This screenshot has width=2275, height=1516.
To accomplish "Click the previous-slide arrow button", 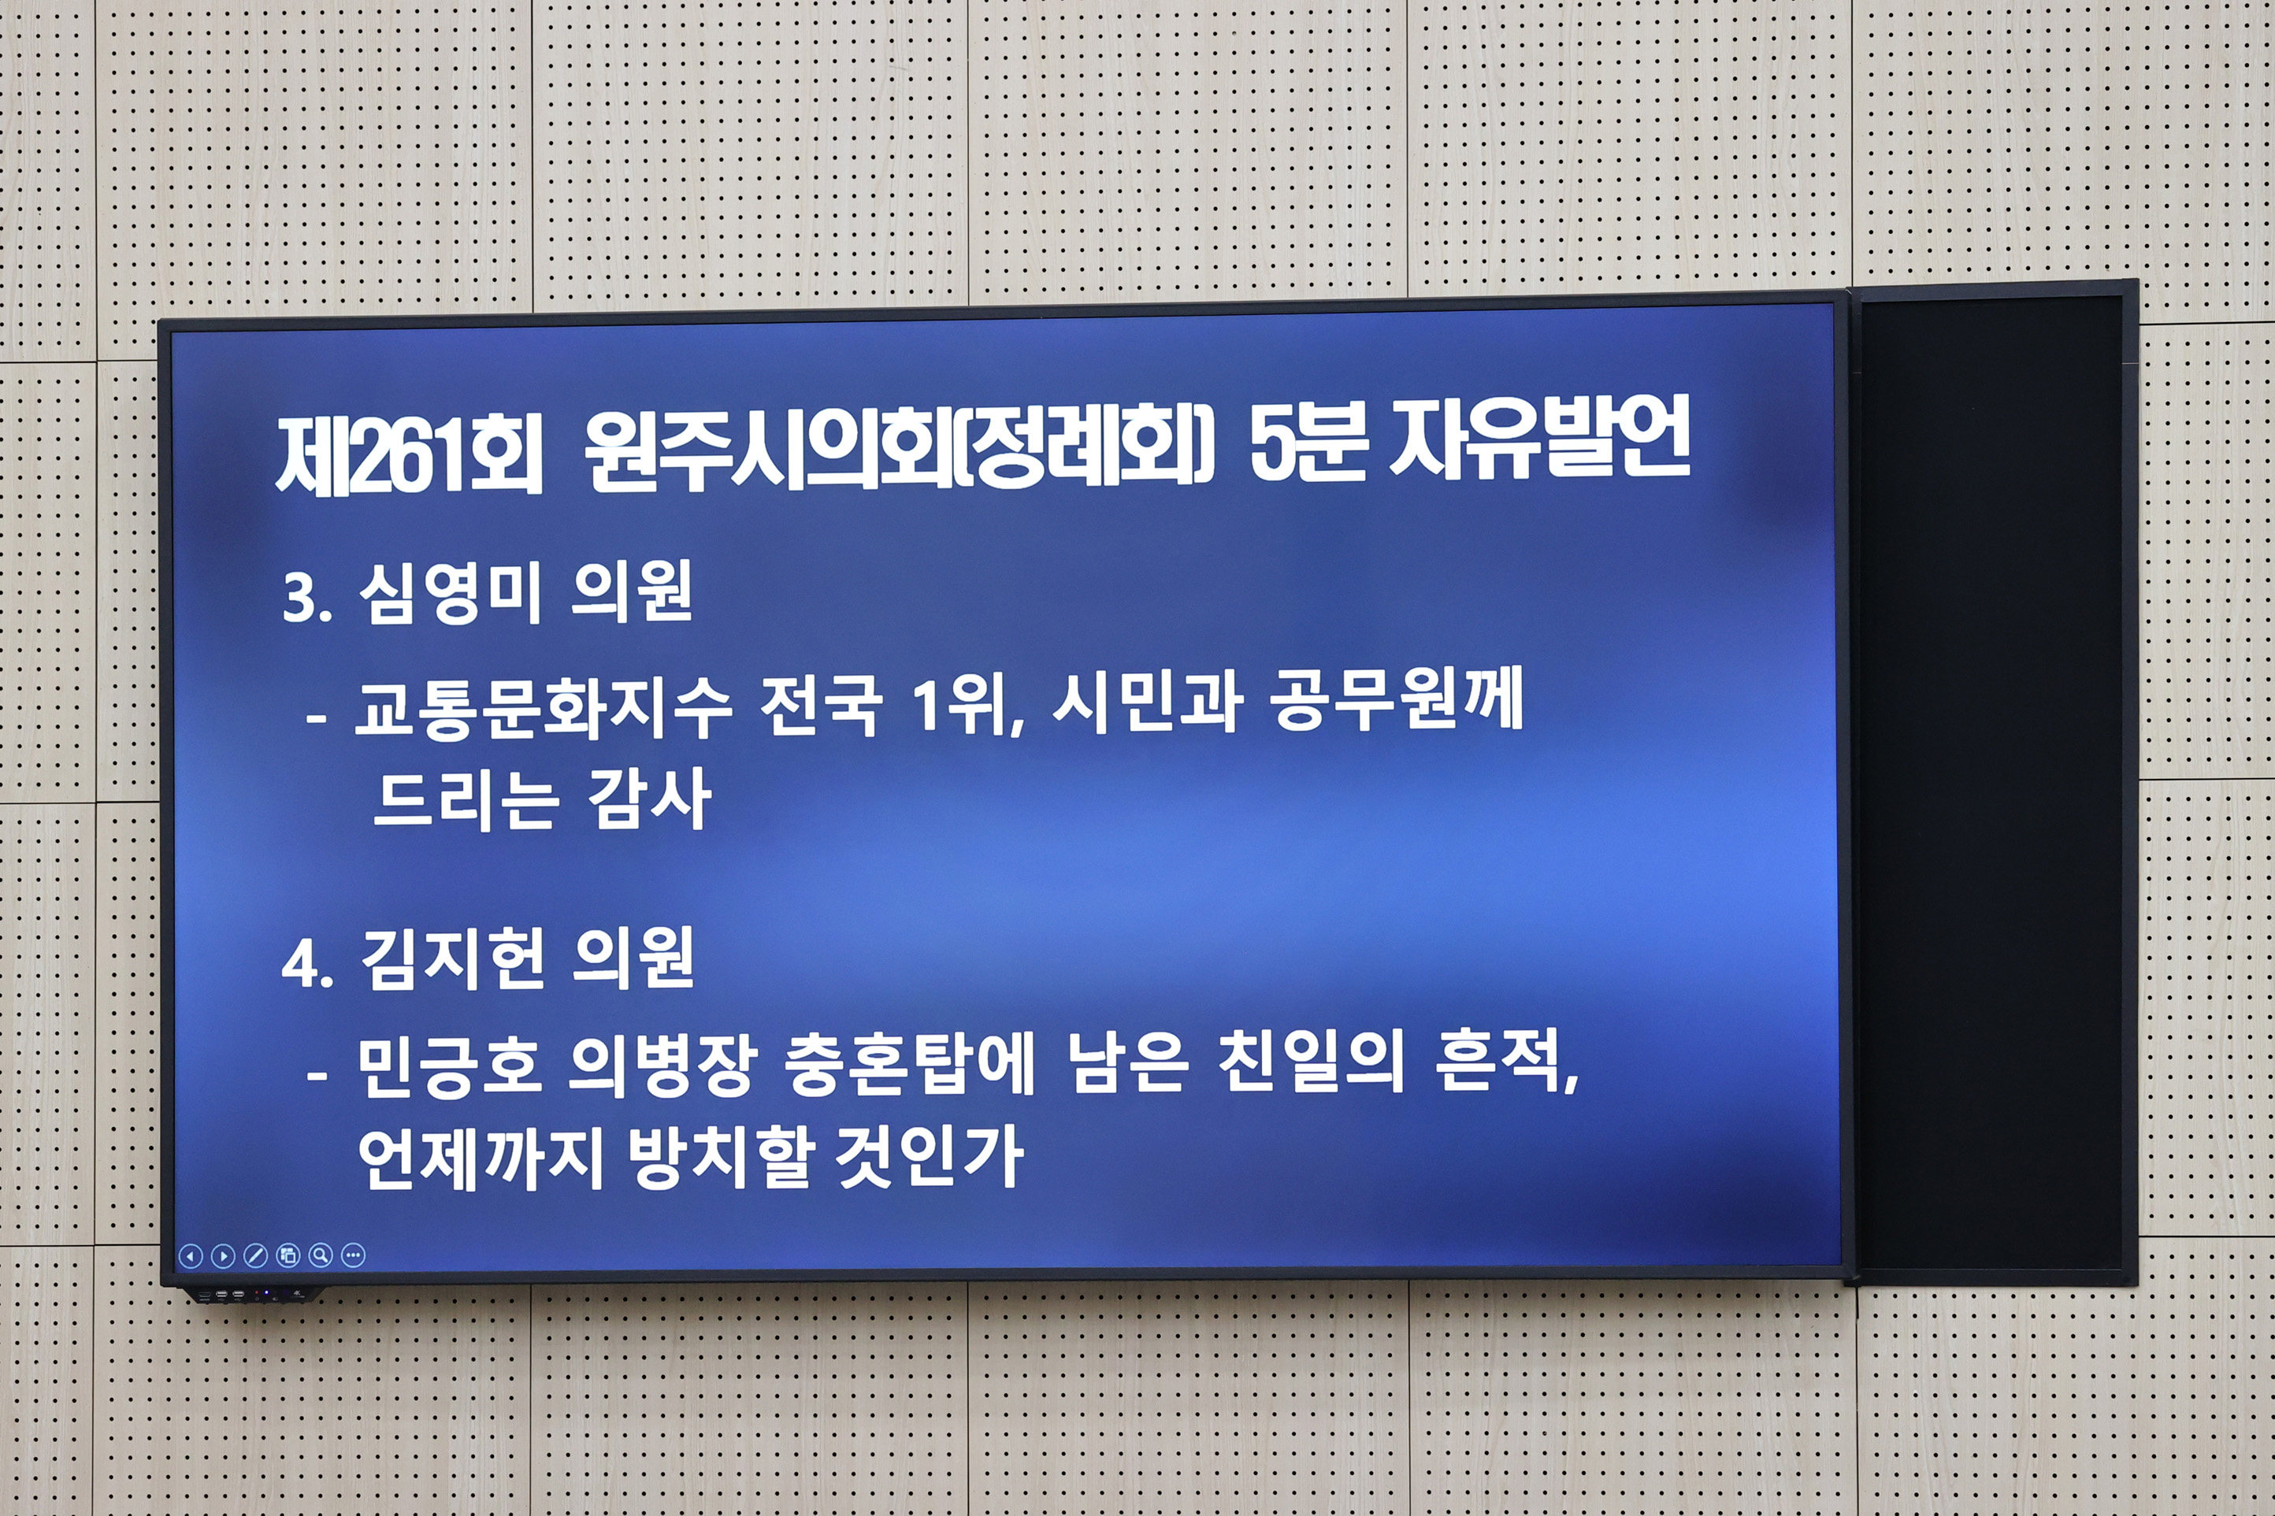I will pos(191,1256).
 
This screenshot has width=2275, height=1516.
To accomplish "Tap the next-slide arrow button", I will pos(224,1256).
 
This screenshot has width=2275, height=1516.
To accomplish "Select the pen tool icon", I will pos(255,1256).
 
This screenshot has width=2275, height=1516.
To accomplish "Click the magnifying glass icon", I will pos(321,1256).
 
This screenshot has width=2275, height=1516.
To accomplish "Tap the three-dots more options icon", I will pos(354,1256).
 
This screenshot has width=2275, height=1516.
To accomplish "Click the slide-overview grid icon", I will pos(288,1256).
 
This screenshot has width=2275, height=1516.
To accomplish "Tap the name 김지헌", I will pos(451,959).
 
